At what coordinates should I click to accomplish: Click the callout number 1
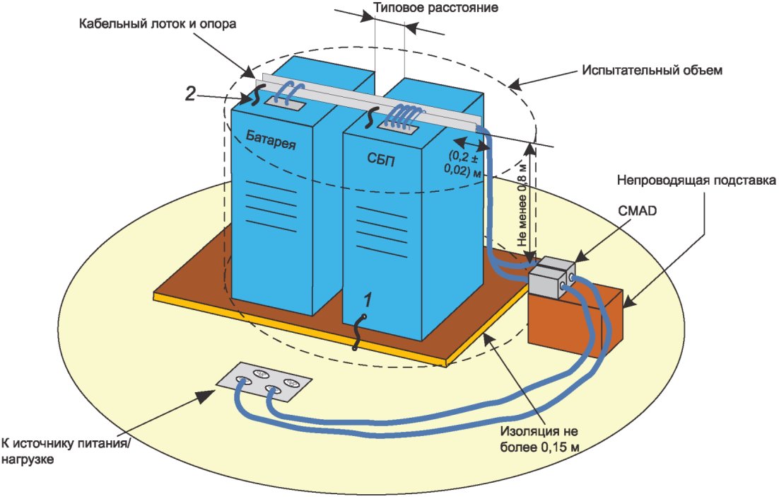[x=367, y=299]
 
